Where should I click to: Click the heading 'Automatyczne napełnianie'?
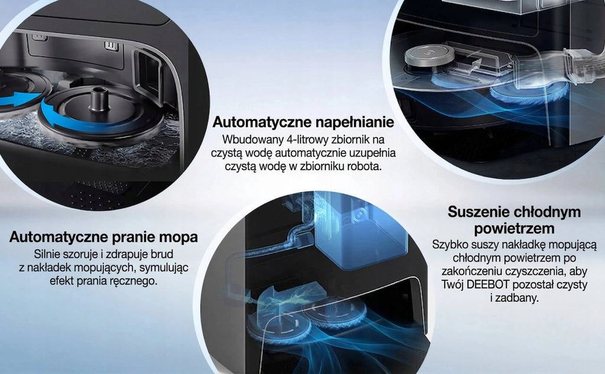[303, 122]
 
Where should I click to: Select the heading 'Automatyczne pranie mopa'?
[103, 237]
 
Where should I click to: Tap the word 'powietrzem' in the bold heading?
[515, 229]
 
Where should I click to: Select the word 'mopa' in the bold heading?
[181, 237]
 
